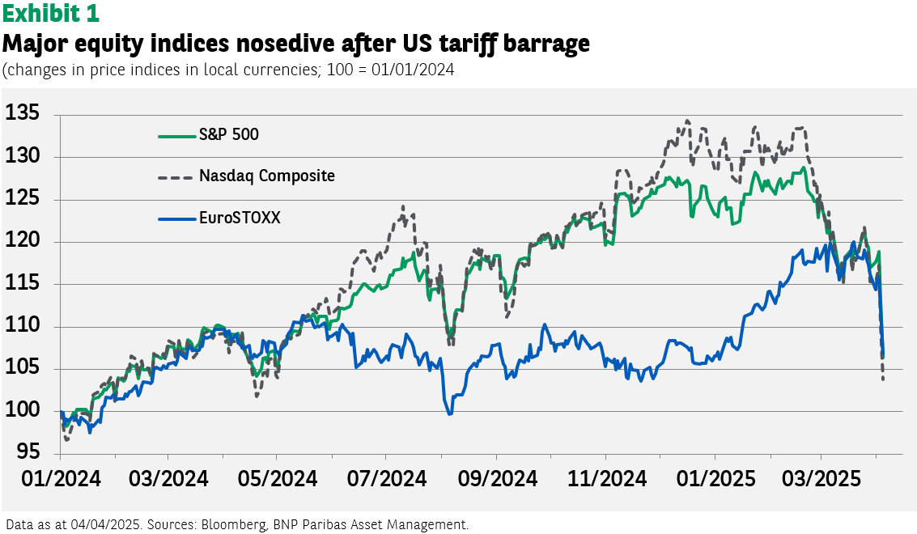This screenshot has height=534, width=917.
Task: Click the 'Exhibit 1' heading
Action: click(51, 14)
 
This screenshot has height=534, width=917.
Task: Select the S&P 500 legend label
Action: click(229, 134)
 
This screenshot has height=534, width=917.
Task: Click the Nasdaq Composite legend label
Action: click(267, 176)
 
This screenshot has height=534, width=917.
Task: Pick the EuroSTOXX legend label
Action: click(240, 218)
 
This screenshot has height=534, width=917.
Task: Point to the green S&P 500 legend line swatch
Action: click(176, 136)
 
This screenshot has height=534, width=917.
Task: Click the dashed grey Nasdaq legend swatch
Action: click(176, 177)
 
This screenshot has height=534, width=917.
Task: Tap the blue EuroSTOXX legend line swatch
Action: click(176, 219)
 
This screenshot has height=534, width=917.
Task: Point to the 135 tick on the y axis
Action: click(22, 113)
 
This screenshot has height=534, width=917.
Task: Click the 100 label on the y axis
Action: click(22, 409)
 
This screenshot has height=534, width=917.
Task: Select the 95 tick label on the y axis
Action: click(28, 451)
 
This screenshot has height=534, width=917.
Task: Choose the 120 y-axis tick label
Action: click(22, 239)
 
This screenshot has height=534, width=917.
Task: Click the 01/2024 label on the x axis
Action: click(62, 479)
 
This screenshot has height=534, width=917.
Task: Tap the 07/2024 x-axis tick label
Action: click(387, 479)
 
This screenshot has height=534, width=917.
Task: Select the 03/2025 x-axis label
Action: click(821, 479)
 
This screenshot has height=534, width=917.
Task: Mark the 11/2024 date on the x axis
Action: click(607, 479)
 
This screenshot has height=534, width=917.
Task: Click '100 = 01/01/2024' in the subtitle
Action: click(390, 70)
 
